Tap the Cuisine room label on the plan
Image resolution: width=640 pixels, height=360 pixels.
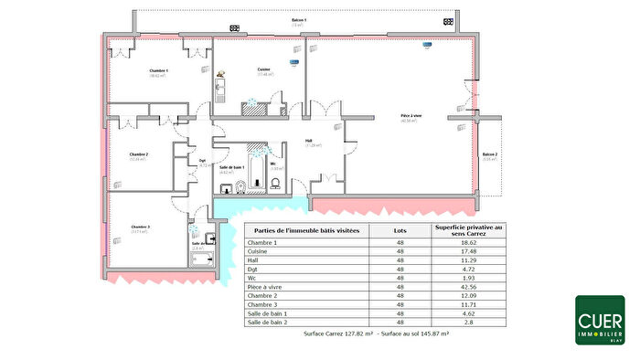[x=263, y=70]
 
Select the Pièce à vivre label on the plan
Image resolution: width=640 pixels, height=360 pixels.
[x=411, y=116]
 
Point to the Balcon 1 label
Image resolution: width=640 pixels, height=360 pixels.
[x=298, y=19]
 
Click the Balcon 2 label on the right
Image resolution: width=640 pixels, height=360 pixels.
[x=491, y=154]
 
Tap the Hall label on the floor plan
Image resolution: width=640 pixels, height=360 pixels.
[x=309, y=141]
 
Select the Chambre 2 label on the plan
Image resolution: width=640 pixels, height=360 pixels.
[x=139, y=155]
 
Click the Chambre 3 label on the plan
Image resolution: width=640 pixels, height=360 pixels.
[x=139, y=227]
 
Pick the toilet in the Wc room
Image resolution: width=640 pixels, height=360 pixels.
[x=274, y=183]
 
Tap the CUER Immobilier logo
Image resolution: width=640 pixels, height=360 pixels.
[x=600, y=320]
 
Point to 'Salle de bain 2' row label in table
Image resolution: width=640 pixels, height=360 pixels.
[x=272, y=322]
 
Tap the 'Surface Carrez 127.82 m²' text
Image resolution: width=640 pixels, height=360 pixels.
[x=339, y=334]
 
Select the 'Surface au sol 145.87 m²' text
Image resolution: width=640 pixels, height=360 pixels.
[x=416, y=334]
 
